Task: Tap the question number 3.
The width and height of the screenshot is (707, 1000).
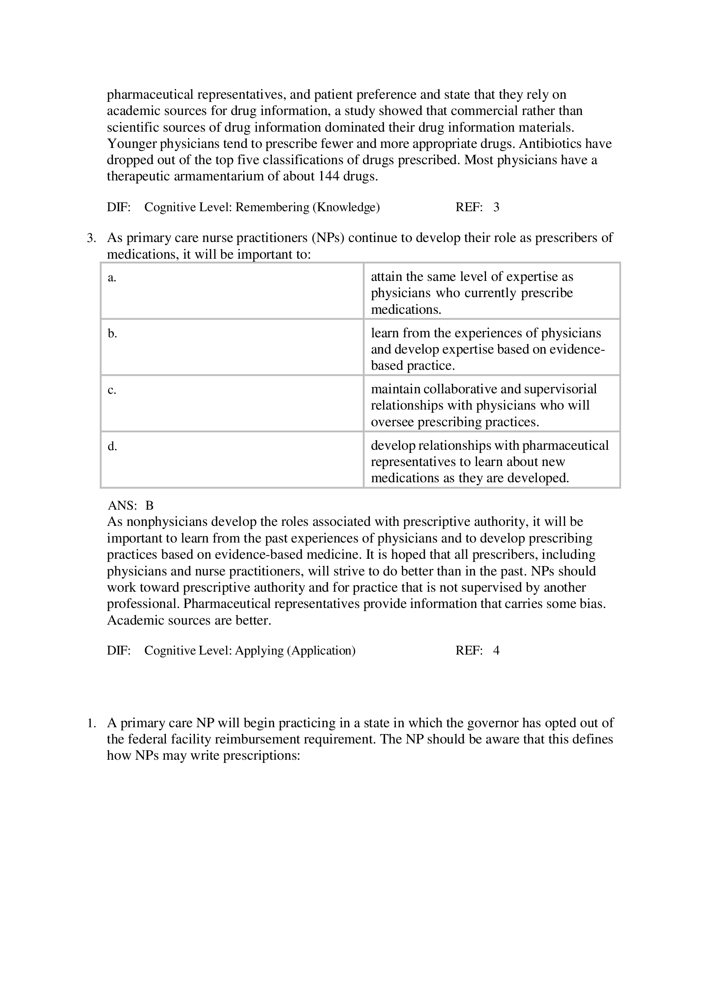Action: point(91,238)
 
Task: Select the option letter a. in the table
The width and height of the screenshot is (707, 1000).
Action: point(112,277)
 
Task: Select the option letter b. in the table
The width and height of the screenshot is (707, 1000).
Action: point(112,333)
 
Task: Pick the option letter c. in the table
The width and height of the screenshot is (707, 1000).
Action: point(112,390)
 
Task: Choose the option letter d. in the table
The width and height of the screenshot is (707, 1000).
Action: point(112,446)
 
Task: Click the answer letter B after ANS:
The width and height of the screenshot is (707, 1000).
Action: point(149,506)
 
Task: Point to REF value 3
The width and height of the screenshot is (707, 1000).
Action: point(496,207)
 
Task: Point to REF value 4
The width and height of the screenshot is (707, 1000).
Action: point(496,651)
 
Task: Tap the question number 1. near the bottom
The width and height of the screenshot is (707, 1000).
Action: point(91,723)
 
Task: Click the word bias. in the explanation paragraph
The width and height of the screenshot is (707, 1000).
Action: point(593,604)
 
